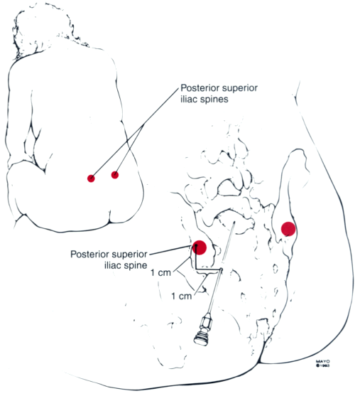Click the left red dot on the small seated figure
[x=91, y=178]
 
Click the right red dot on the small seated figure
[x=115, y=174]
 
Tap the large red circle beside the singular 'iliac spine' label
[x=200, y=247]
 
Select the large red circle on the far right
[x=288, y=229]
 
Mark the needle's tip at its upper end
[x=234, y=222]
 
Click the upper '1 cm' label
[x=160, y=273]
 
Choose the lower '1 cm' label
[x=182, y=296]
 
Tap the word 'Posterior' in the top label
[x=197, y=88]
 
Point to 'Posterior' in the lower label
[x=87, y=254]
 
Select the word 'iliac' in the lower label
[x=111, y=265]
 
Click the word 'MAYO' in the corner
[x=322, y=362]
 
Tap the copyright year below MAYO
[x=324, y=365]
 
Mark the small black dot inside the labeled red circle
[x=195, y=245]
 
